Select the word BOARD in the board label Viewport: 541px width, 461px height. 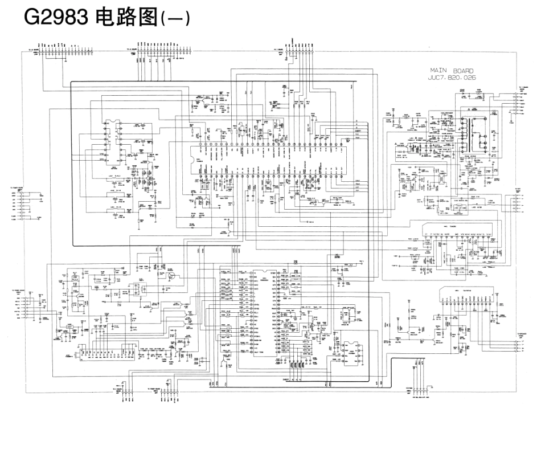[463, 71]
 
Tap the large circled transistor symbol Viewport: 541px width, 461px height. [171, 276]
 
